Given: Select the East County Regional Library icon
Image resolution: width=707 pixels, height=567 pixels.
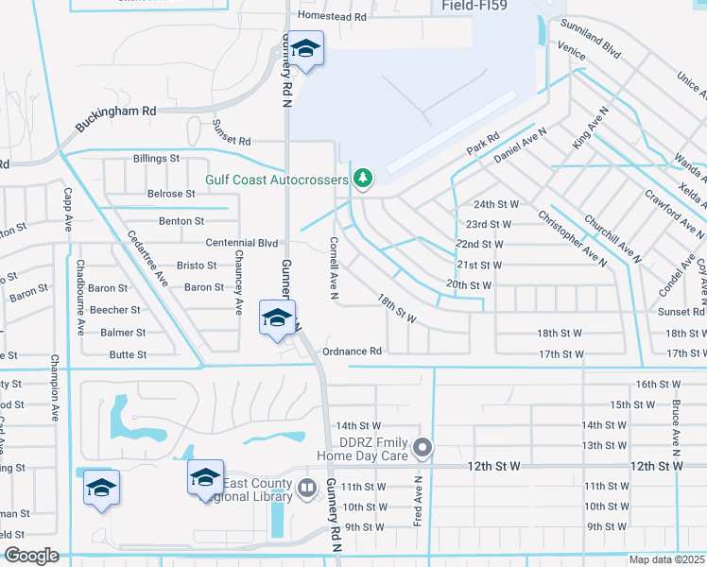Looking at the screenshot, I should tap(306, 489).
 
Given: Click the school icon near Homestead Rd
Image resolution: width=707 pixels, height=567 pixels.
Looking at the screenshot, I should tap(305, 48).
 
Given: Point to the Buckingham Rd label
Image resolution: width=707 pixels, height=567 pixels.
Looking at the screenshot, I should tap(116, 112).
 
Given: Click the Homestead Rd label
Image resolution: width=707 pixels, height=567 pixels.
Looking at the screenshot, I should tap(332, 17).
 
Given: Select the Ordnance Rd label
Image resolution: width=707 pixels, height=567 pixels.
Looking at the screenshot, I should tap(352, 352).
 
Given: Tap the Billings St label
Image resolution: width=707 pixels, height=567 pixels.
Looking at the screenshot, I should tap(156, 159).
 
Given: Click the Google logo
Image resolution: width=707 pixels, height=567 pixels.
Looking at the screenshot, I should tap(30, 556).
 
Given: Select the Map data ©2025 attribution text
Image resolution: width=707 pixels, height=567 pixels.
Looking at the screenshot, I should tap(667, 559).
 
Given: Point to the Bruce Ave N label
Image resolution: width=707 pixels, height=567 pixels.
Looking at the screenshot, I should tap(677, 422).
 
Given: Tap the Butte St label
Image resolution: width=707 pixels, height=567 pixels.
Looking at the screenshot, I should tap(128, 355).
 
